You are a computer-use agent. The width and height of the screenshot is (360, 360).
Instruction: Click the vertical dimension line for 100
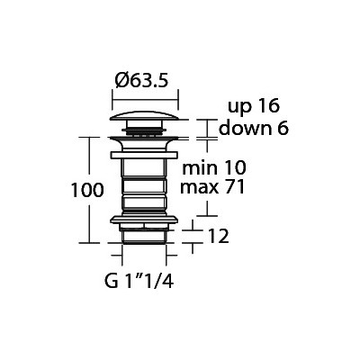pos(90,190)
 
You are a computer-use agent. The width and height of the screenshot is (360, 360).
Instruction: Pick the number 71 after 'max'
pos(236,187)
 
